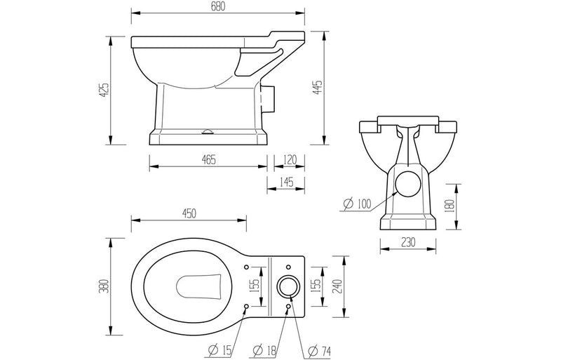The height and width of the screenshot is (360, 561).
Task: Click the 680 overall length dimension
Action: click(x=218, y=7)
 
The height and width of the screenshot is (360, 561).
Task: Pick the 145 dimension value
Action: click(x=288, y=182)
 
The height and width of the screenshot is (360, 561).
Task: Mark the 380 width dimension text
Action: click(x=104, y=286)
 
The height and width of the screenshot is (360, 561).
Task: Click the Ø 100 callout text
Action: click(x=357, y=204)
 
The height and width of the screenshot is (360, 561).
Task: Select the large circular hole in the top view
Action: click(x=288, y=286)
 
